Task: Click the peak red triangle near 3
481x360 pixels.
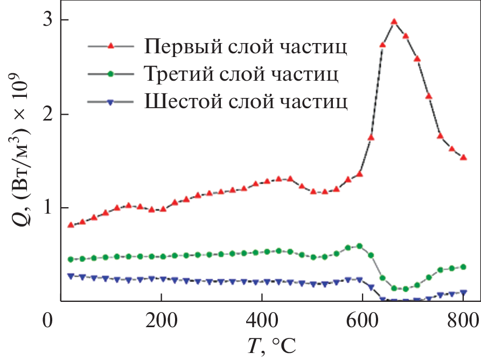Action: (x=394, y=22)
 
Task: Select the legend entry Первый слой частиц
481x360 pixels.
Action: (x=245, y=47)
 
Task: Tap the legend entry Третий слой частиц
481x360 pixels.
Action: (x=241, y=74)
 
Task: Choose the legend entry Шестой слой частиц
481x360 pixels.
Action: (x=245, y=102)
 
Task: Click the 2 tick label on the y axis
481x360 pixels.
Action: (x=48, y=114)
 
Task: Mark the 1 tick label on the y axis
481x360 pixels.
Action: (x=48, y=208)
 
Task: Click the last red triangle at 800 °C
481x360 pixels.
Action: (x=463, y=158)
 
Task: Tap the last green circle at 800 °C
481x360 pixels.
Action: (x=463, y=267)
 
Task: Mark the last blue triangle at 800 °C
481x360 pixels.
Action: (x=463, y=293)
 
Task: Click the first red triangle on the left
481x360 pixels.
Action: (x=71, y=225)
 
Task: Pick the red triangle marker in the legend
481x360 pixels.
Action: (x=110, y=47)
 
